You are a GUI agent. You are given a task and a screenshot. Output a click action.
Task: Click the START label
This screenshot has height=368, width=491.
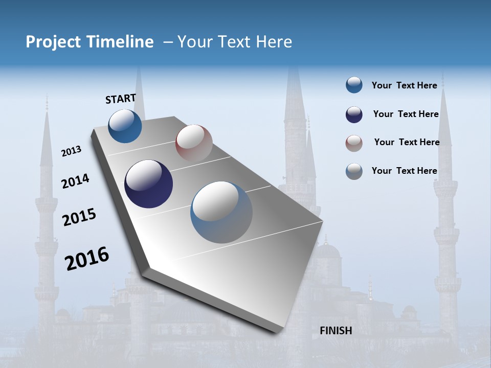click(121, 98)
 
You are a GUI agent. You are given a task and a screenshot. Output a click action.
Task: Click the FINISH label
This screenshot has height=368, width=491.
click(336, 331)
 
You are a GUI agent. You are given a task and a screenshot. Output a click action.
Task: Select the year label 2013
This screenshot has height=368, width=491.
click(71, 151)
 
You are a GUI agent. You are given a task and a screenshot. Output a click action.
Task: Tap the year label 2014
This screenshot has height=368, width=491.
click(75, 181)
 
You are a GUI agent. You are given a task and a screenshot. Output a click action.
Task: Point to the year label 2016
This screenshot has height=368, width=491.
click(87, 259)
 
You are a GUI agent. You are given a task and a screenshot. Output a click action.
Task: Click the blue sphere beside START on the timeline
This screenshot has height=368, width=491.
click(125, 126)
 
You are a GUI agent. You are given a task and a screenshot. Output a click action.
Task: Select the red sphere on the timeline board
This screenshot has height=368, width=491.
click(194, 143)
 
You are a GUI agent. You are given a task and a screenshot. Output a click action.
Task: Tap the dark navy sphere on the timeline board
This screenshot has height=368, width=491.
click(148, 184)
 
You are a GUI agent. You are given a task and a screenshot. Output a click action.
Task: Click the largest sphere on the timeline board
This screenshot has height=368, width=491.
click(221, 212)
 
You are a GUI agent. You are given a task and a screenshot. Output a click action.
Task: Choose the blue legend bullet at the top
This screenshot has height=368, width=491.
click(354, 85)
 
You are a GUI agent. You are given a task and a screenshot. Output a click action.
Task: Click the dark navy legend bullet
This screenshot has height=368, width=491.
click(354, 114)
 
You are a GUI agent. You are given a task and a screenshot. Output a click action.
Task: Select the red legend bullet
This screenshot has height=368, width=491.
click(354, 143)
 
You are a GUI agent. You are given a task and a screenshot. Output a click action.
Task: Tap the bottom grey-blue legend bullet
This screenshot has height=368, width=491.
click(354, 171)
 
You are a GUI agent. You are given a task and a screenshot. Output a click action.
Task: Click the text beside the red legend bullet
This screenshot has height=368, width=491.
click(407, 142)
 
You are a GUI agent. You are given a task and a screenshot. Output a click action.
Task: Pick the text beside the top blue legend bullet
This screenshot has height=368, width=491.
click(404, 85)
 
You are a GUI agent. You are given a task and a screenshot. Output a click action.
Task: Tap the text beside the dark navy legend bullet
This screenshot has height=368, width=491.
click(406, 114)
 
